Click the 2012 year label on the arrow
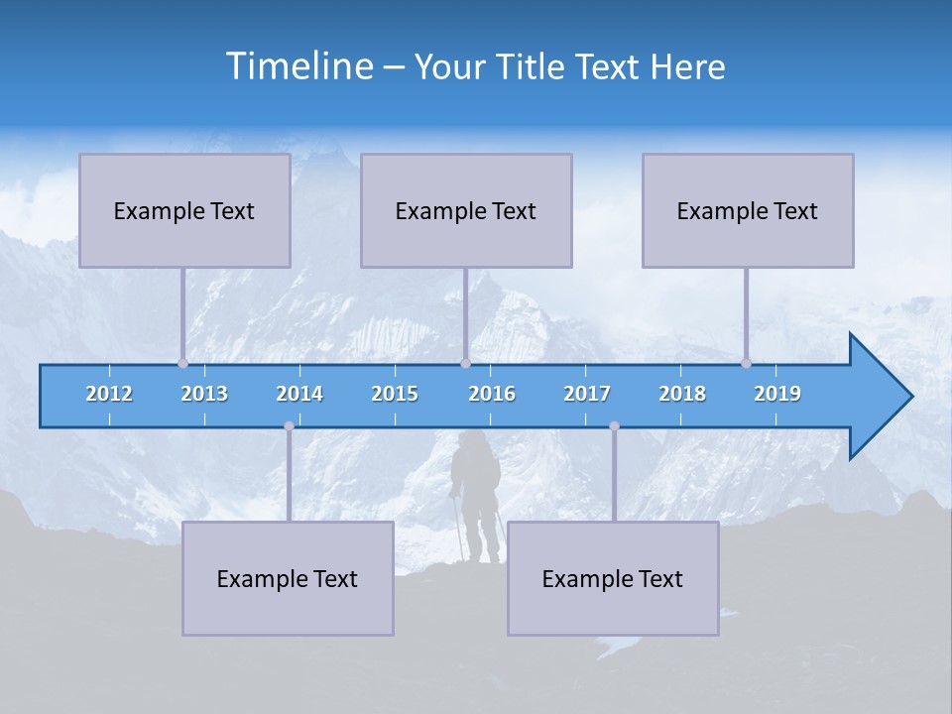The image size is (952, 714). pos(109,394)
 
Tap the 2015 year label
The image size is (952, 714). pos(395,394)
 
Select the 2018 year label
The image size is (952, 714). pos(682,394)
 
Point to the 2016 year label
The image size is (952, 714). pos(492,394)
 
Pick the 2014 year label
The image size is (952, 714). pos(299,394)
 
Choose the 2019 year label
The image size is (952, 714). pos(777,394)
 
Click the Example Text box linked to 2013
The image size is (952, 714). pos(184,210)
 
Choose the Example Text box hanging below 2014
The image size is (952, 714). pos(288,578)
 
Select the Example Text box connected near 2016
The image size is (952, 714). pos(466,210)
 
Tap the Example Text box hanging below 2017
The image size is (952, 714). pos(613,578)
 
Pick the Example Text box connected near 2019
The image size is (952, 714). pos(748,210)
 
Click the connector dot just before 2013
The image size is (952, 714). pos(182,363)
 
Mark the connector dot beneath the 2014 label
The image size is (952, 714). pos(289,425)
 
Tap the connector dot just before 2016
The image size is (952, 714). pos(465,363)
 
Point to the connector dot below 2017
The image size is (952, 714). pos(614,425)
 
